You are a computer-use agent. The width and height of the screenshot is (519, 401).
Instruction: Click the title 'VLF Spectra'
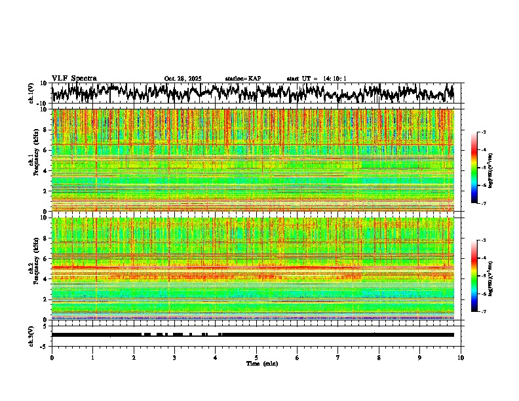(x=74, y=79)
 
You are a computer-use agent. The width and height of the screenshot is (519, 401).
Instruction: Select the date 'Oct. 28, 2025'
(x=183, y=79)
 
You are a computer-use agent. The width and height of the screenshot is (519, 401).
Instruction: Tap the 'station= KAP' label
(x=243, y=79)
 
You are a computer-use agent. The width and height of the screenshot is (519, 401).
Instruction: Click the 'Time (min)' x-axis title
(x=261, y=363)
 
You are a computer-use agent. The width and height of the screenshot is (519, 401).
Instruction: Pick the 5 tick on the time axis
(x=256, y=358)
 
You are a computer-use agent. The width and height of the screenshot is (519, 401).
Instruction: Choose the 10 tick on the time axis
(x=461, y=358)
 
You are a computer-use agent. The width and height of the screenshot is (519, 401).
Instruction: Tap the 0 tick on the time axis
(x=52, y=358)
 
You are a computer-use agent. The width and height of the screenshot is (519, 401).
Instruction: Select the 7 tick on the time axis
(x=338, y=358)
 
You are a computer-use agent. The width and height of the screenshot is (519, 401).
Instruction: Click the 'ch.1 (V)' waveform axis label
(x=31, y=94)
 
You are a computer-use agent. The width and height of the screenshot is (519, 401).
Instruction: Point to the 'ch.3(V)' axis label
(x=31, y=335)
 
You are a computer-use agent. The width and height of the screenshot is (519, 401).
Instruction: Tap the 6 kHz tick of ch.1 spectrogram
(x=46, y=150)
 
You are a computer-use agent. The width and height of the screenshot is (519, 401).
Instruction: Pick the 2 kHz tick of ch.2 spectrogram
(x=46, y=299)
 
